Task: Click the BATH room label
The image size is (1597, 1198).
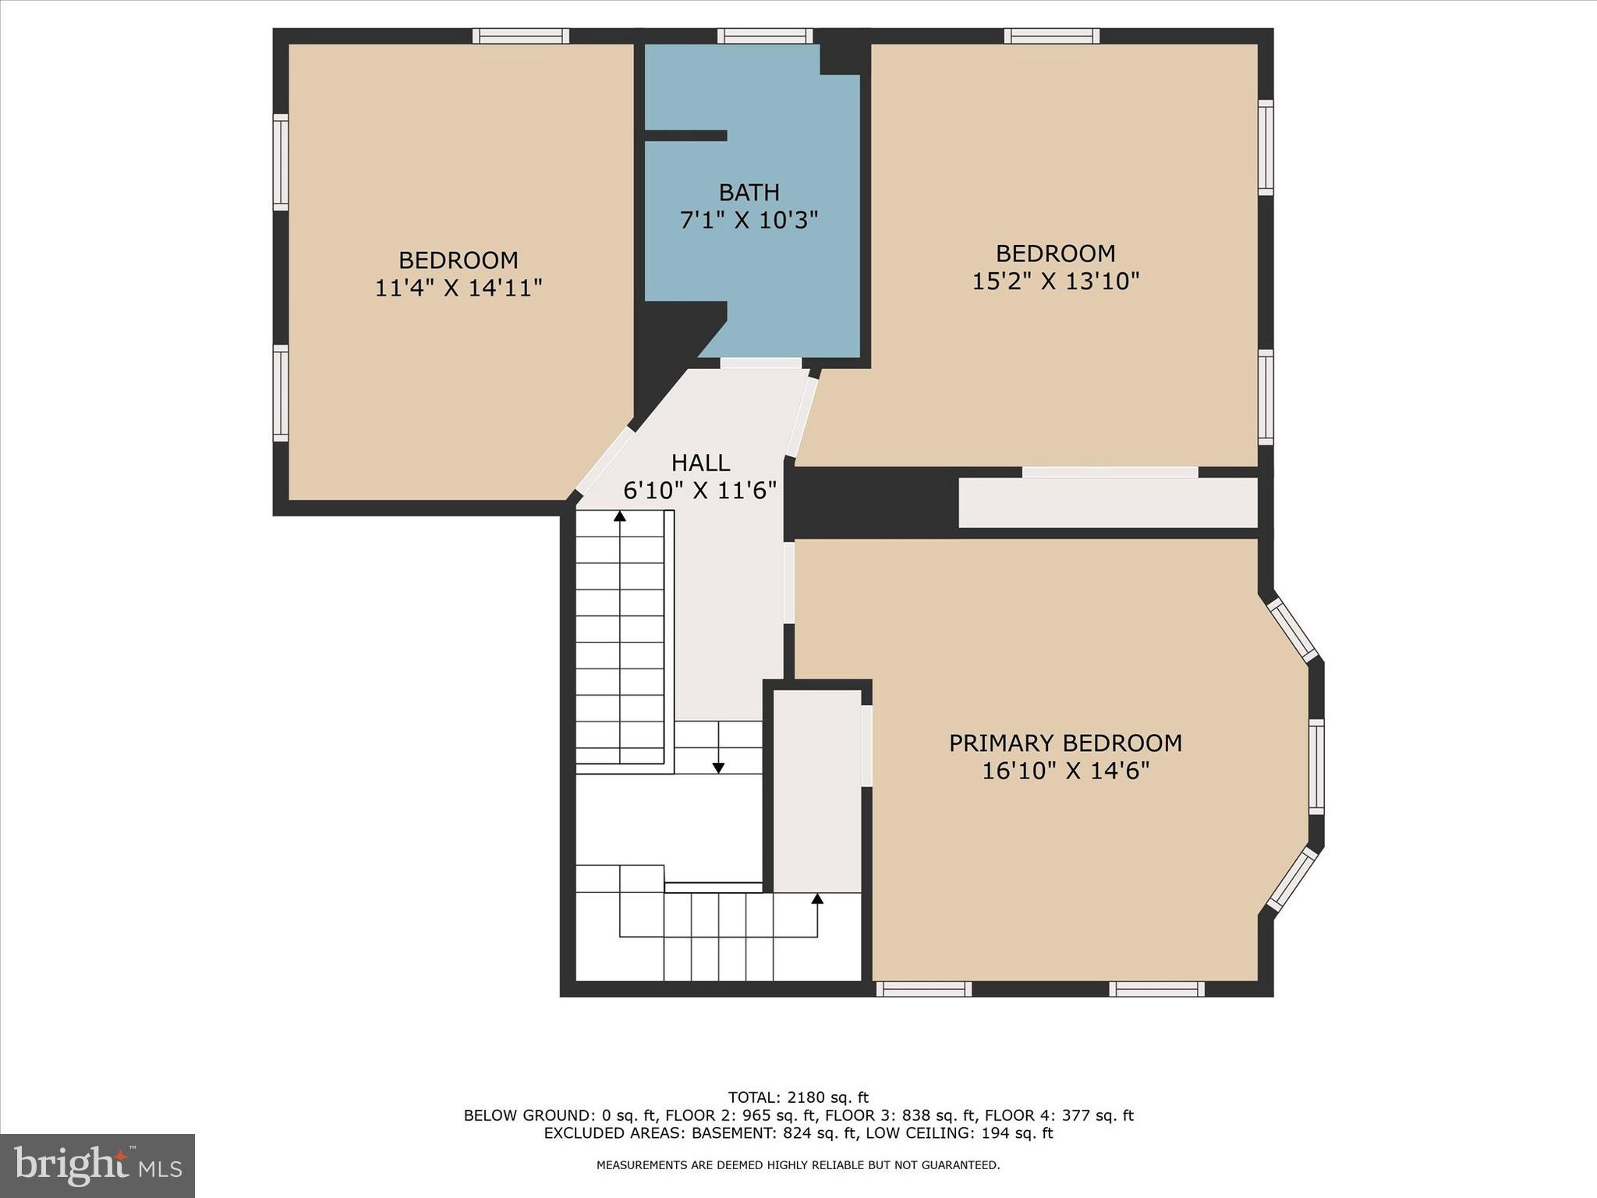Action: coord(749,192)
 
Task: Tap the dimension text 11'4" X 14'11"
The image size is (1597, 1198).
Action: coord(458,289)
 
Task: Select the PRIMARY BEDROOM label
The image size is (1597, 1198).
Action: coord(1065,743)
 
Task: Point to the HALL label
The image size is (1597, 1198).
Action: coord(700,463)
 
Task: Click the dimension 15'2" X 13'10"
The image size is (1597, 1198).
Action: coord(1055,281)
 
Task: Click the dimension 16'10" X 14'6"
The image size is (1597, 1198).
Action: coord(1065,771)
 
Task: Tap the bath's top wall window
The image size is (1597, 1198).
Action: coord(765,35)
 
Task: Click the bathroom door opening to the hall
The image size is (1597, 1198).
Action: coord(760,363)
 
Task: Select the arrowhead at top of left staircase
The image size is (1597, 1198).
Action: coord(620,516)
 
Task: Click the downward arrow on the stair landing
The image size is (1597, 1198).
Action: coord(718,767)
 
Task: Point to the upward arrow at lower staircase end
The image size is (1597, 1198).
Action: coord(817,899)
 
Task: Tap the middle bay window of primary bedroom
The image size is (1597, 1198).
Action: coord(1315,767)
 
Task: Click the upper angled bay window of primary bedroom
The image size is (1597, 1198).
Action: coord(1292,629)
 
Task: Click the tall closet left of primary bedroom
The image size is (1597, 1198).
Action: coord(817,789)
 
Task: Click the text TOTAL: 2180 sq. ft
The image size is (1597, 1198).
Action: coord(798,1097)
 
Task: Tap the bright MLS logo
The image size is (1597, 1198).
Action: coord(97,1166)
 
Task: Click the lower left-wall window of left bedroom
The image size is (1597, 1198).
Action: coord(280,393)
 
